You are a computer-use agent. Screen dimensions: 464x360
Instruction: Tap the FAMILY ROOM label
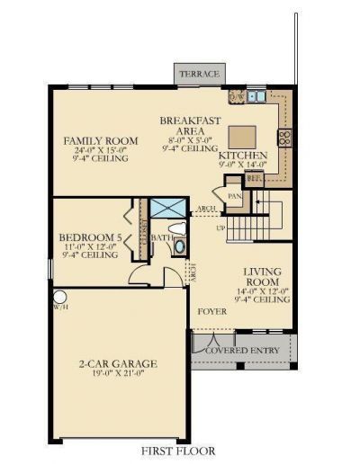(x=100, y=141)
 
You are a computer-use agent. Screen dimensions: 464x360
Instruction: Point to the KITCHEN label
(x=243, y=156)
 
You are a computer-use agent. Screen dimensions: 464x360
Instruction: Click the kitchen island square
(x=241, y=136)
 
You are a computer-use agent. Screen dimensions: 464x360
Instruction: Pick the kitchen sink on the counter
(x=255, y=95)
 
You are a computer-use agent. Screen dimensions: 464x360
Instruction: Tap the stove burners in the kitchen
(x=285, y=138)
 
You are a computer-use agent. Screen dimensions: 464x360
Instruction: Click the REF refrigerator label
(x=254, y=178)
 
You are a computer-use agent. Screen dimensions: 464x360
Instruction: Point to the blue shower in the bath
(x=168, y=208)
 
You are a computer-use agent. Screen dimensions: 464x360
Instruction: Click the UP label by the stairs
(x=221, y=228)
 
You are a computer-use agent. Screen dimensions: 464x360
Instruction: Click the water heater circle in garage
(x=61, y=297)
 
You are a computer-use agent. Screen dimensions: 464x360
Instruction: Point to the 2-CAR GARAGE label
(x=118, y=364)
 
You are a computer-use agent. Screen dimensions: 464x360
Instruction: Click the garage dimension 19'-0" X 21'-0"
(x=118, y=374)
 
